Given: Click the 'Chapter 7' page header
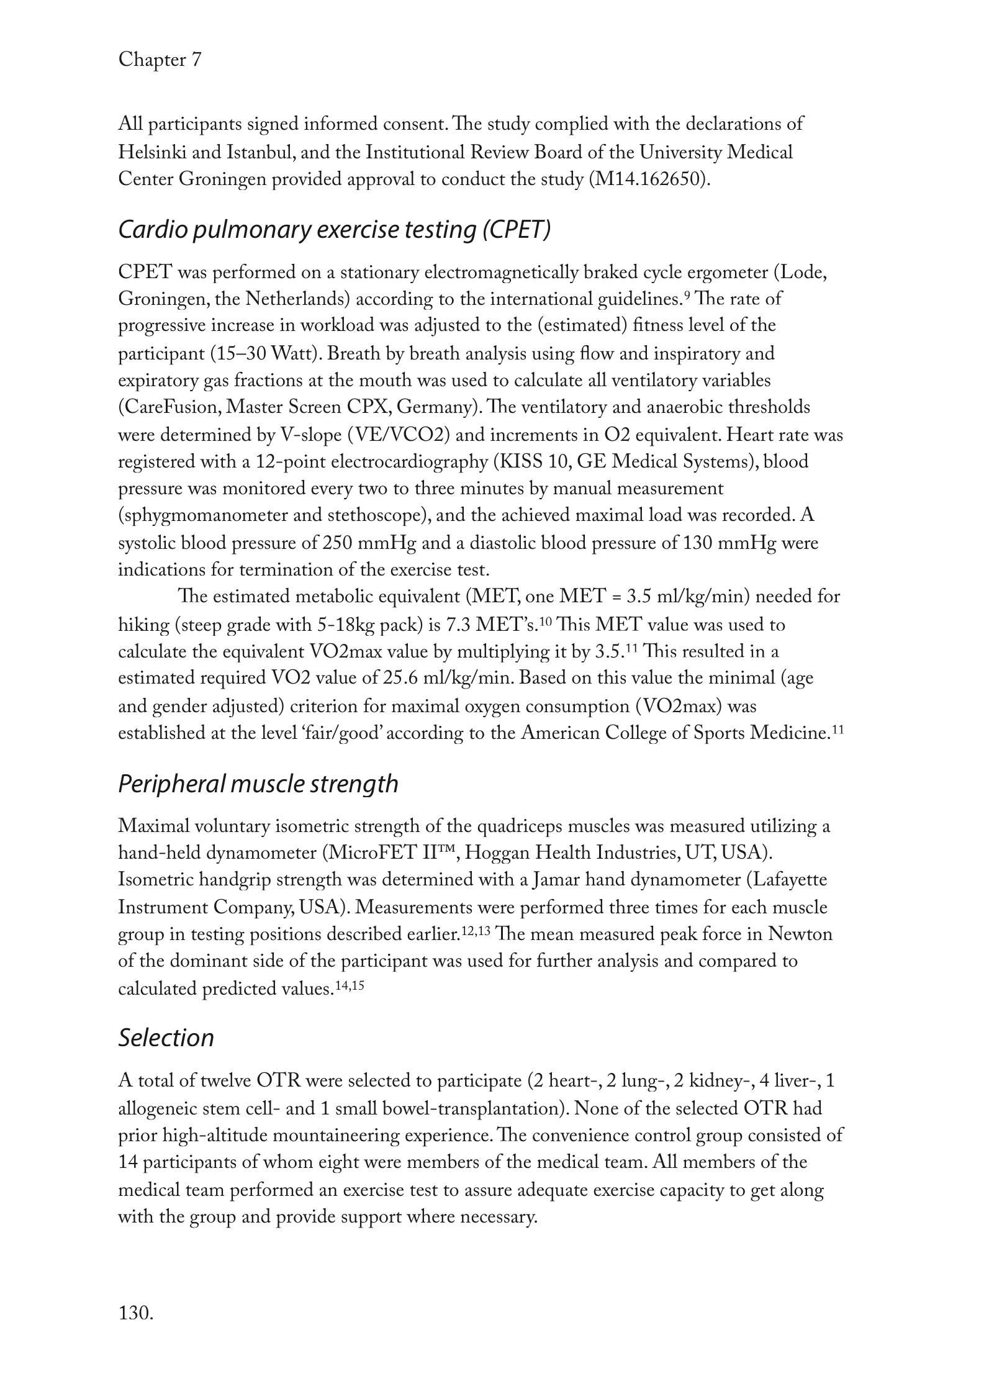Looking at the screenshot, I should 160,60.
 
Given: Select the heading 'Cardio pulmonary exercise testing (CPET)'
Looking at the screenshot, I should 334,230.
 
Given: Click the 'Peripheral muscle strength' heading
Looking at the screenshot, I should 258,784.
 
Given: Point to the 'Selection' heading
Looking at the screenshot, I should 166,1038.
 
